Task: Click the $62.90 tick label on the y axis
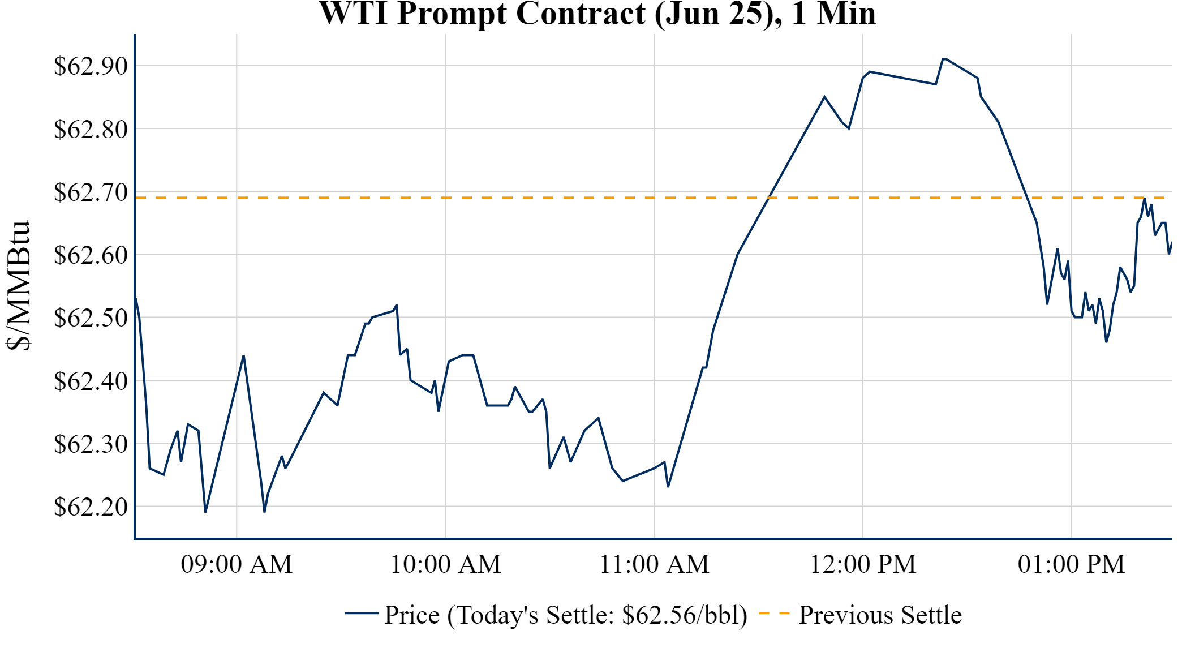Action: click(x=91, y=66)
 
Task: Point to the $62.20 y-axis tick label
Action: click(x=91, y=507)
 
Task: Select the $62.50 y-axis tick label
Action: click(x=91, y=318)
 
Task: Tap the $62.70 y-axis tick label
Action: click(x=91, y=192)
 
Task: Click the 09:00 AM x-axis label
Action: click(x=237, y=564)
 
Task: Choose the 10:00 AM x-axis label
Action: click(x=445, y=564)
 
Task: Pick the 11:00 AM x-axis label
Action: click(x=654, y=564)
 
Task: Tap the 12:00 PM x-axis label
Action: click(x=863, y=564)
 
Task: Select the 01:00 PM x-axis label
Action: click(x=1071, y=564)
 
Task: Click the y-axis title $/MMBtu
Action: click(x=18, y=286)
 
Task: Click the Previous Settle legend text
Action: click(x=880, y=615)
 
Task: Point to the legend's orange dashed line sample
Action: click(x=773, y=614)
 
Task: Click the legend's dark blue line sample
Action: click(x=361, y=614)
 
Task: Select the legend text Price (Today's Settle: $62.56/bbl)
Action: click(x=566, y=615)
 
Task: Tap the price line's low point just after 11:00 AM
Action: click(x=668, y=486)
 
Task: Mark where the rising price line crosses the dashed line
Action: click(x=769, y=198)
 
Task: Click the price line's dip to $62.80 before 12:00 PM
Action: click(x=849, y=128)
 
